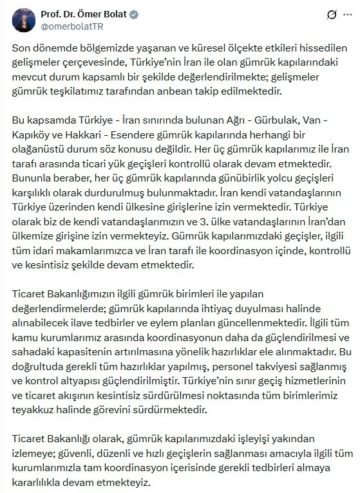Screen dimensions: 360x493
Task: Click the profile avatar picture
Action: click(23, 21)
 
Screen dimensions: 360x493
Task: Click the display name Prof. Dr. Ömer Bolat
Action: click(85, 14)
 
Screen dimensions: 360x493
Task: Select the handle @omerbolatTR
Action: click(73, 26)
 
